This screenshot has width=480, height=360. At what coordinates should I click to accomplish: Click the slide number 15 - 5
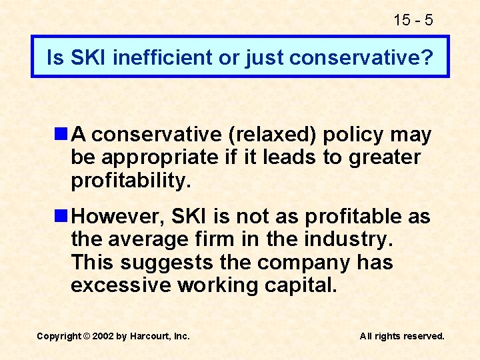(413, 20)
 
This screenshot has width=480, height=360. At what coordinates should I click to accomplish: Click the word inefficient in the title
(162, 58)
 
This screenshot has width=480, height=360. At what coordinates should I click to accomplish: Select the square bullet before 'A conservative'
(62, 135)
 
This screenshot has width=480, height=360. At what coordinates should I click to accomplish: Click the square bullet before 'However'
(62, 217)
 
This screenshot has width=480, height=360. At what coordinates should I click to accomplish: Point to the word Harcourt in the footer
(151, 336)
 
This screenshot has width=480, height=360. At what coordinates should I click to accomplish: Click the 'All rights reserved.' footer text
(402, 336)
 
